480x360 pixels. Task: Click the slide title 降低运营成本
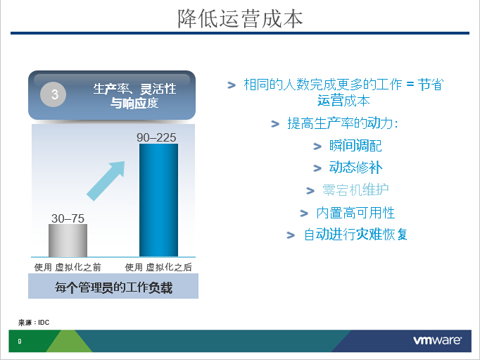click(x=240, y=19)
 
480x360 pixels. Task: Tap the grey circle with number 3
click(x=53, y=94)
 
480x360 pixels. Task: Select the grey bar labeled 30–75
click(x=68, y=240)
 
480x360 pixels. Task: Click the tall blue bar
click(x=158, y=200)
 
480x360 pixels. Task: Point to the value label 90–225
click(x=156, y=137)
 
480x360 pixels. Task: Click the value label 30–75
click(x=68, y=218)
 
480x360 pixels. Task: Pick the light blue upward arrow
click(x=106, y=181)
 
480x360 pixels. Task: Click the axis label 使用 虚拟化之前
click(x=68, y=268)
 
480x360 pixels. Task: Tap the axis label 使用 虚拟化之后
click(x=158, y=268)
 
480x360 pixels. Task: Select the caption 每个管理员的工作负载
click(x=113, y=287)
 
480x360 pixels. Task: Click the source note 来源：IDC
click(x=34, y=323)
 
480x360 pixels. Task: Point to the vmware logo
click(x=438, y=340)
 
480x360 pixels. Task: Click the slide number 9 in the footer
click(x=20, y=341)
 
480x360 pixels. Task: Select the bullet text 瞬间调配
click(x=355, y=146)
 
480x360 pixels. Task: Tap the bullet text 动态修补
click(x=355, y=168)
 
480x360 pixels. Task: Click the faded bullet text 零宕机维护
click(x=355, y=190)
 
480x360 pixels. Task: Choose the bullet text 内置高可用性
click(x=355, y=213)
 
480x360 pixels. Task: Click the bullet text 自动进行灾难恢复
click(x=355, y=235)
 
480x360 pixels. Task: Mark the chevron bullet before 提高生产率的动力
click(x=275, y=124)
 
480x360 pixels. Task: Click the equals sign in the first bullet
click(x=410, y=84)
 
